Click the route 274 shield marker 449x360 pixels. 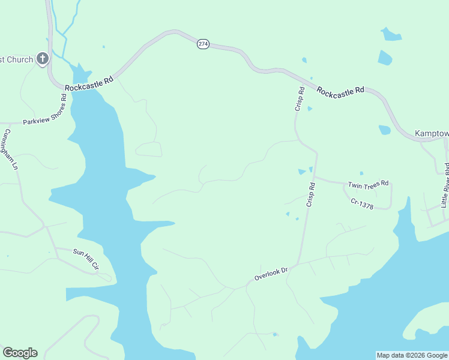[x=203, y=44]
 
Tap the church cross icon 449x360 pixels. [x=42, y=59]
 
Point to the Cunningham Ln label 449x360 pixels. [x=10, y=148]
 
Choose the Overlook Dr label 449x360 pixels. [x=271, y=274]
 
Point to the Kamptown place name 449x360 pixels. [x=432, y=133]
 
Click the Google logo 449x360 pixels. [x=20, y=353]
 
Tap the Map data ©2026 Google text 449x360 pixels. [x=411, y=355]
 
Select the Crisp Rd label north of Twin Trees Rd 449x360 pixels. [x=300, y=98]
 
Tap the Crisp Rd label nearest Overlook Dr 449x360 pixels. [x=310, y=195]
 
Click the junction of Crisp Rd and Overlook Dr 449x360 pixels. [x=299, y=264]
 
